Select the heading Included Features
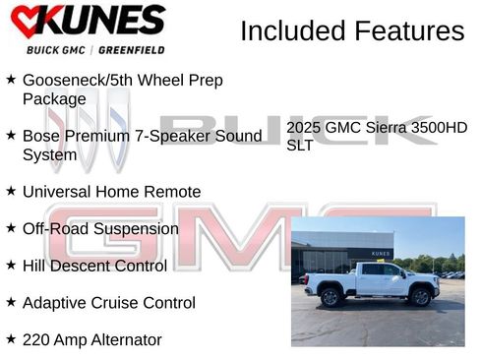point(352,31)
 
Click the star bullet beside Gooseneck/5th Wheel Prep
point(11,80)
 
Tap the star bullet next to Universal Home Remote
point(11,192)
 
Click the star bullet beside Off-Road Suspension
point(11,229)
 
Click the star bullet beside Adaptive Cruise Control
point(11,303)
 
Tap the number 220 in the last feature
point(37,340)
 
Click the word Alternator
point(124,340)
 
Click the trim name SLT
point(300,146)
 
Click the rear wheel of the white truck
point(330,297)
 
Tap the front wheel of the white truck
point(422,297)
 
